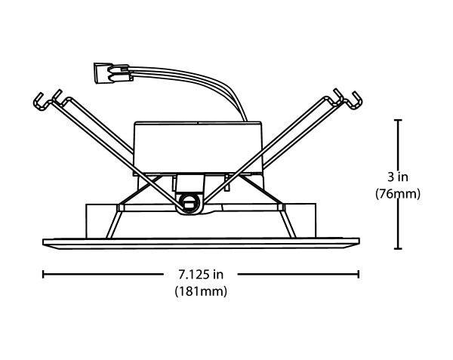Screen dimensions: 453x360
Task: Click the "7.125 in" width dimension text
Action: (x=201, y=274)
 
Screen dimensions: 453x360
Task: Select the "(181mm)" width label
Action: (x=201, y=291)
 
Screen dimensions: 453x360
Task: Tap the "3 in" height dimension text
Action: (x=398, y=177)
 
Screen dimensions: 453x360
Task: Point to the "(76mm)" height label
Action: (x=398, y=194)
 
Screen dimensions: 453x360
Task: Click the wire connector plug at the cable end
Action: (x=111, y=73)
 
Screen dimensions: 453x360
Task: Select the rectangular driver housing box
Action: (x=198, y=147)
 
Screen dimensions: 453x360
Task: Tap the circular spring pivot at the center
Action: (x=190, y=204)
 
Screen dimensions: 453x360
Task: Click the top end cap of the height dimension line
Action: (x=398, y=120)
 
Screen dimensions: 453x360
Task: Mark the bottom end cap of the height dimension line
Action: (x=398, y=248)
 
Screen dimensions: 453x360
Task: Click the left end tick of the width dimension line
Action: (x=43, y=274)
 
